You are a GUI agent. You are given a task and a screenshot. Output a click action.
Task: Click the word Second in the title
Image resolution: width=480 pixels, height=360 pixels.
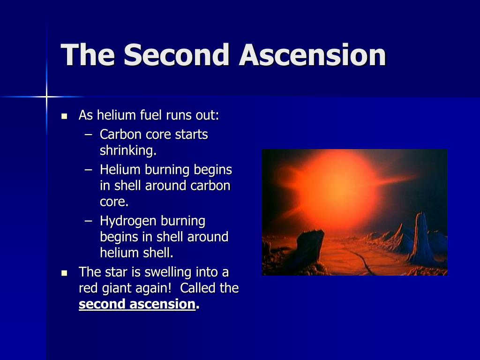177,55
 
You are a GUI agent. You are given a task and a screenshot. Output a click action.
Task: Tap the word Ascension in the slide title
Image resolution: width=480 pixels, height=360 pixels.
313,55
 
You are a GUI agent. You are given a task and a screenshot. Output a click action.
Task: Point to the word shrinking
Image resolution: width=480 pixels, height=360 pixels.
128,150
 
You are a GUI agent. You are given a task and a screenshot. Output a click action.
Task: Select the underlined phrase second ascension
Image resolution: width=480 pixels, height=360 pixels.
137,304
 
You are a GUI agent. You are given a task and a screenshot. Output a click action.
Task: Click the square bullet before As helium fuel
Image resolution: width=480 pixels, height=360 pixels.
64,116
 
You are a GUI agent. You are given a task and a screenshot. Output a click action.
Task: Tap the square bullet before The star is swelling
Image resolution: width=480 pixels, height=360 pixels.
64,273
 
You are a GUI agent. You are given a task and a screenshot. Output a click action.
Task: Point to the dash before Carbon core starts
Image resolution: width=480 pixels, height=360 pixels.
89,135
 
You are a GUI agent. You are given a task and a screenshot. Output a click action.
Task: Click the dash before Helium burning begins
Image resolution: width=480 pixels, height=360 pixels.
89,170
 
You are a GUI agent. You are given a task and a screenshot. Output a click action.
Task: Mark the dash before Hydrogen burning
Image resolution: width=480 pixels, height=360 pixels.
89,221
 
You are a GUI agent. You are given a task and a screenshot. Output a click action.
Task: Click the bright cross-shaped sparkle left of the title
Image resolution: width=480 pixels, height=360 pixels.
46,97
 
